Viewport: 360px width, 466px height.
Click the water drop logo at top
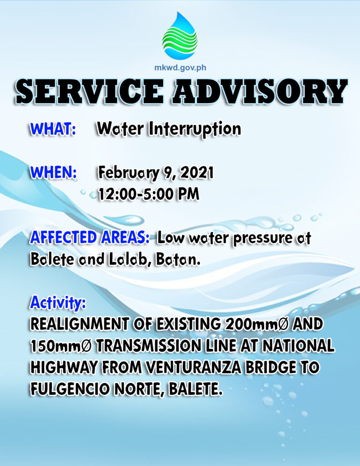pyautogui.click(x=180, y=35)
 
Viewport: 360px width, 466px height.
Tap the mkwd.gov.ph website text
pyautogui.click(x=180, y=68)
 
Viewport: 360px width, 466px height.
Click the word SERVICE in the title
pyautogui.click(x=90, y=91)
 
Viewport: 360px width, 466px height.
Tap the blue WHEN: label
pyautogui.click(x=53, y=172)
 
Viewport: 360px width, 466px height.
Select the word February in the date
pyautogui.click(x=128, y=173)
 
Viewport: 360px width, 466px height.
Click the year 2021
pyautogui.click(x=197, y=172)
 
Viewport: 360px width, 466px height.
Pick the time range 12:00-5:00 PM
pyautogui.click(x=149, y=194)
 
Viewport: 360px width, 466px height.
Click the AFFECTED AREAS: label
pyautogui.click(x=90, y=238)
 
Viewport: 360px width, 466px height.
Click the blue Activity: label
pyautogui.click(x=58, y=303)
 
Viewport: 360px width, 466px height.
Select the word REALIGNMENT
pyautogui.click(x=80, y=324)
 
